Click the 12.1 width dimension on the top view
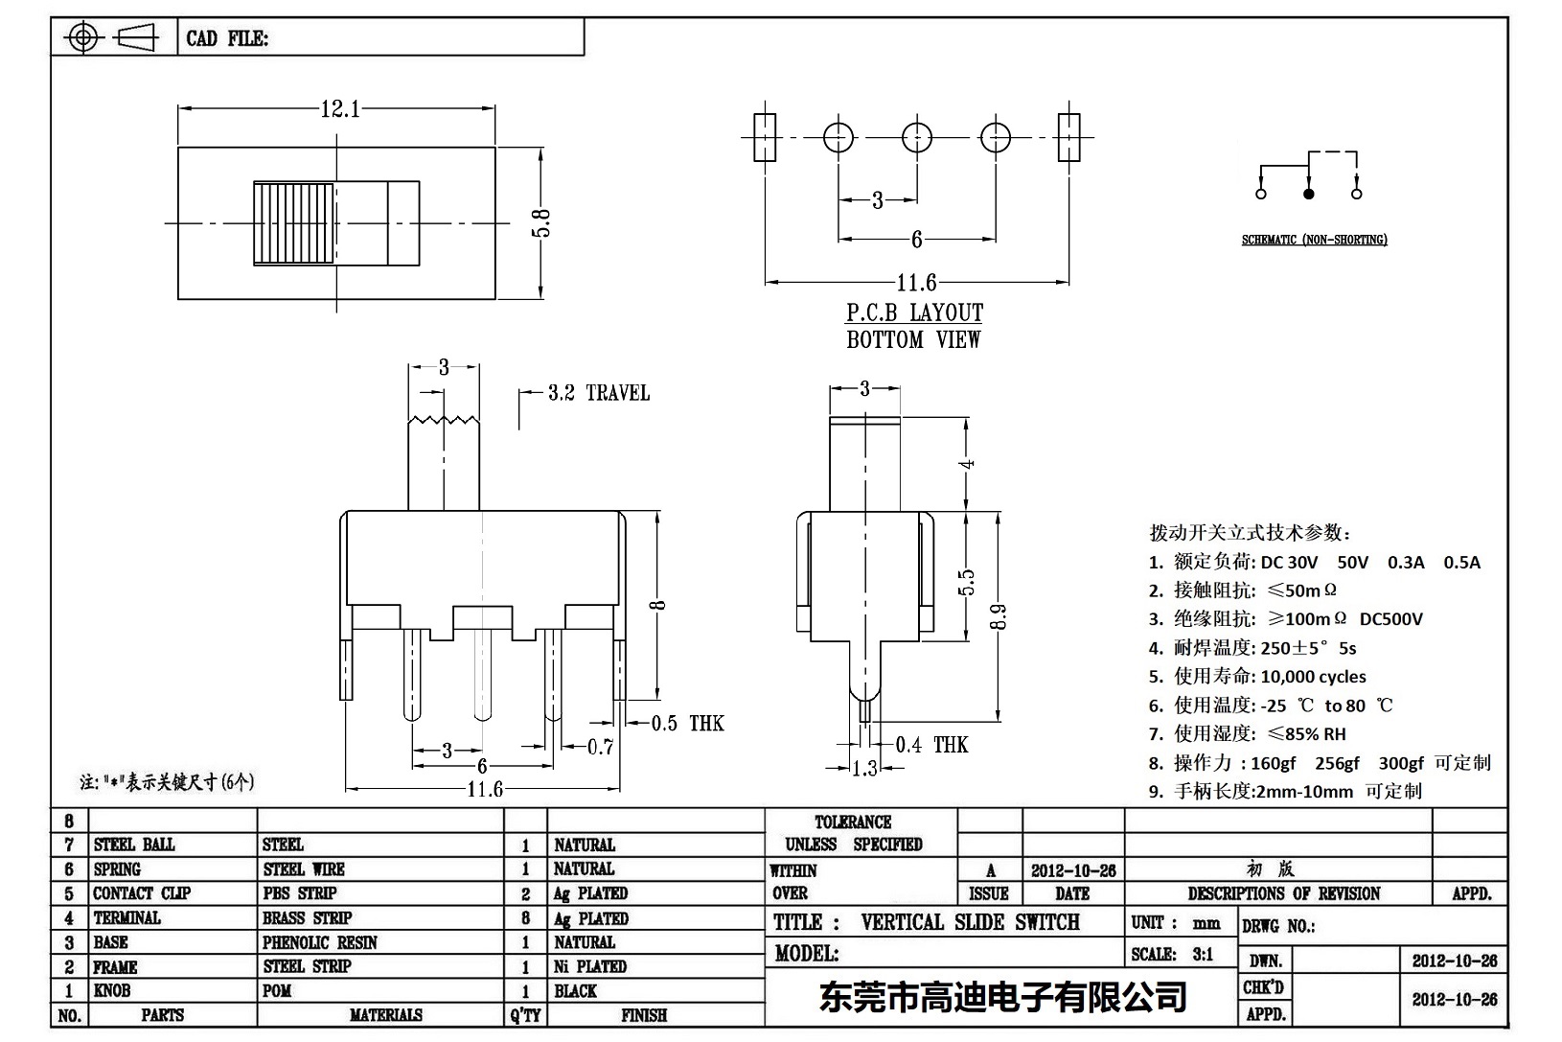(x=340, y=109)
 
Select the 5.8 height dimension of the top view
(x=542, y=222)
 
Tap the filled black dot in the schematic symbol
(x=1308, y=194)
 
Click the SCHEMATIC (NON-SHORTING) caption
(x=1314, y=240)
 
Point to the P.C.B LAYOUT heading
(x=914, y=313)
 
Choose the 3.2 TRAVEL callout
(x=598, y=393)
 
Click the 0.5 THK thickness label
(x=687, y=724)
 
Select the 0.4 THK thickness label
(x=931, y=745)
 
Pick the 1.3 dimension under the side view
(x=864, y=768)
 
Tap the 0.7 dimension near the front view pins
(x=600, y=747)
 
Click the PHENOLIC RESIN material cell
(x=320, y=942)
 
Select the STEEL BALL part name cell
(x=134, y=845)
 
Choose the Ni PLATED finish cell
(x=589, y=966)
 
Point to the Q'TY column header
(x=525, y=1015)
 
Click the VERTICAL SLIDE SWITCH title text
(x=970, y=922)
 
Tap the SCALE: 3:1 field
(x=1172, y=954)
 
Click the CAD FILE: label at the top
(x=227, y=38)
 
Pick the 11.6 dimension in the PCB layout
(x=916, y=283)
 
